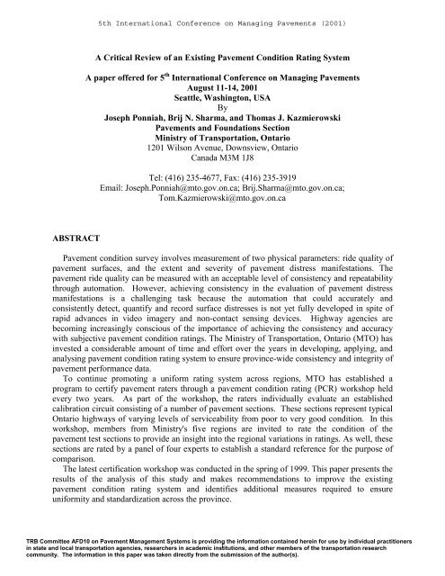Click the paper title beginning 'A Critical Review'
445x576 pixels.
223,56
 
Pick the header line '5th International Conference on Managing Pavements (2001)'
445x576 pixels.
222,12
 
